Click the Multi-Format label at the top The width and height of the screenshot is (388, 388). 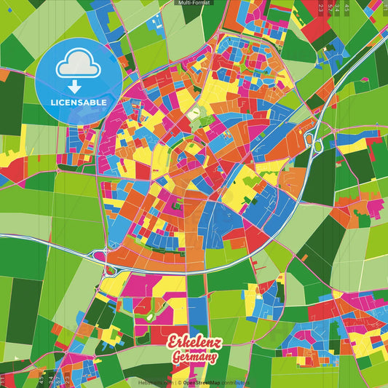point(194,4)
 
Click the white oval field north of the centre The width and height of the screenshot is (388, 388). point(194,114)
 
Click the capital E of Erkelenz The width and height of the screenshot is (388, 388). point(173,342)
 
